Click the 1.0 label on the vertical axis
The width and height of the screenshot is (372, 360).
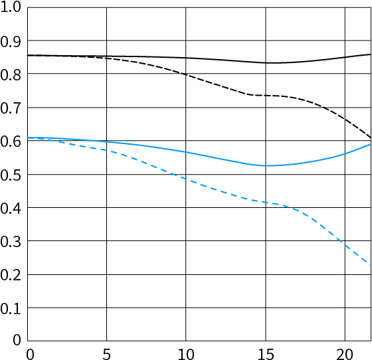(11, 7)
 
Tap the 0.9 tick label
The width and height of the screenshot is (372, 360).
(11, 42)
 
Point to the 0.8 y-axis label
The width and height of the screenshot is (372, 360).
(11, 75)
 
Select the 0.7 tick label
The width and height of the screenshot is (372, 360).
(11, 109)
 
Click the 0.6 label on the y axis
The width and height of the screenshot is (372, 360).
(11, 141)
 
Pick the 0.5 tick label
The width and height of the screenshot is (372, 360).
(11, 175)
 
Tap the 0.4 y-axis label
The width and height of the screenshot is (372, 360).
(11, 209)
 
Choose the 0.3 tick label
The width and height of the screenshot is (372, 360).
(11, 242)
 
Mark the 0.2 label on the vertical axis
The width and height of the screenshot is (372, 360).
(11, 276)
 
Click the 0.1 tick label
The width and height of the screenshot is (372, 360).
(11, 309)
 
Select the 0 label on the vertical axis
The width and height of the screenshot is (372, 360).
(17, 340)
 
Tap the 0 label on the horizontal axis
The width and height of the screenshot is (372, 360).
(30, 355)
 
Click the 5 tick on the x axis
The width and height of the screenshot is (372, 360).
(106, 355)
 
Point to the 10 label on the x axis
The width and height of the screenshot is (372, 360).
(186, 355)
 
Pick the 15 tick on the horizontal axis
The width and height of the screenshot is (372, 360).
(266, 355)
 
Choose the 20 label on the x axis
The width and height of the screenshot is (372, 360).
(345, 355)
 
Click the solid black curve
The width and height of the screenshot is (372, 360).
(199, 58)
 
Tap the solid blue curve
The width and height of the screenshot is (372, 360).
(199, 155)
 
